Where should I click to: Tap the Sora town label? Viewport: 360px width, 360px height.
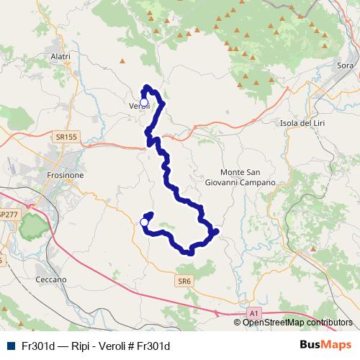click(x=346, y=65)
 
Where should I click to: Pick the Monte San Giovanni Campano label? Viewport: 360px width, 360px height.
click(x=248, y=178)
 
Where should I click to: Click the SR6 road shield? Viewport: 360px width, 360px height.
click(x=184, y=282)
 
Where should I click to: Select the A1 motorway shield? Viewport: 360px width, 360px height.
click(x=254, y=313)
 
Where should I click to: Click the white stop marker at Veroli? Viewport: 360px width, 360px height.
click(x=143, y=102)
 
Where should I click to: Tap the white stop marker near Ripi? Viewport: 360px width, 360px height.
click(x=144, y=222)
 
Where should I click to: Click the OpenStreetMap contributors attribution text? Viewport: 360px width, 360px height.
click(x=297, y=323)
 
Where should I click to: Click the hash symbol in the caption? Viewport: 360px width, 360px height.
click(x=138, y=346)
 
